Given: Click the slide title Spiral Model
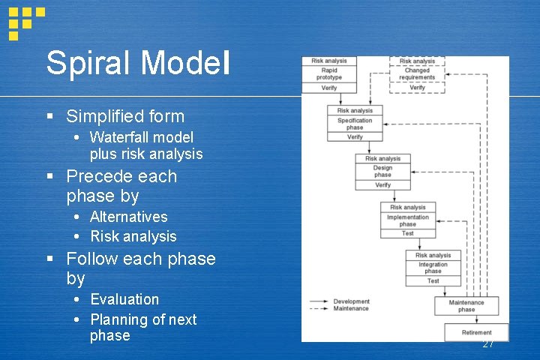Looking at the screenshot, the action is pos(138,63).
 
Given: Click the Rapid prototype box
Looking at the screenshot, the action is pos(328,74).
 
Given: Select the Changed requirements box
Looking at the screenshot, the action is pos(417,74).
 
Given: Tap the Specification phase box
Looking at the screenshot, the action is pos(355,124).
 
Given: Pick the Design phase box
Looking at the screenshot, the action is pos(382,172).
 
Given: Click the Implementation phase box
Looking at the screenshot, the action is pos(407,220).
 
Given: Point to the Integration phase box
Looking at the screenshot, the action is pos(433,268).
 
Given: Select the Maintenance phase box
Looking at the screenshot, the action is pos(466,306).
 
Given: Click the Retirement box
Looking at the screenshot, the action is pos(476,332).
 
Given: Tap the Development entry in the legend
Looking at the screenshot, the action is pos(350,301).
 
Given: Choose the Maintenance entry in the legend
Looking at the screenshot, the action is pos(350,308).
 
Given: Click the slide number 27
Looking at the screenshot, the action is pos(488,344).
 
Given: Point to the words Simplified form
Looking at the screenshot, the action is pos(125,116).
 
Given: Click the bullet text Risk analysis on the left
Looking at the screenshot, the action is pos(133,236).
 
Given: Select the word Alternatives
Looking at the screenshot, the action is pos(129,217).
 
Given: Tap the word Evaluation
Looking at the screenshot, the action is pos(124,299).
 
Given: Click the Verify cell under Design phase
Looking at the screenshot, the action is pos(382,184).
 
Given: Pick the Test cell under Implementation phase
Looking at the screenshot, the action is pos(407,233).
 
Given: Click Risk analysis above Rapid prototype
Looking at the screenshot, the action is pos(328,61).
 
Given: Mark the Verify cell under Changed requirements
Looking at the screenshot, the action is pos(417,88).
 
